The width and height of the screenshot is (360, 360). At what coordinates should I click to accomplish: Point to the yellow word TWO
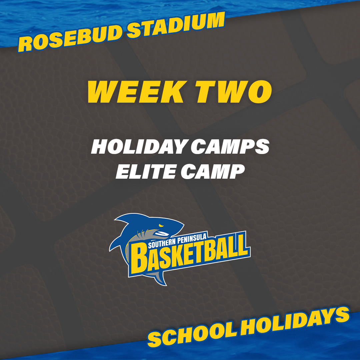coord(233,92)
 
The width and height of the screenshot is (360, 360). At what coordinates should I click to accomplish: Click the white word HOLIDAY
coord(139,146)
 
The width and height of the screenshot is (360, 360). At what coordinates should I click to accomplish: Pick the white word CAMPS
coord(230,146)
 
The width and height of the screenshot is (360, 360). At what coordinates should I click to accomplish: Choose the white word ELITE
coord(146,171)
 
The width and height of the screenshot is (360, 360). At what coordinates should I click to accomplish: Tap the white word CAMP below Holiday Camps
coord(213,171)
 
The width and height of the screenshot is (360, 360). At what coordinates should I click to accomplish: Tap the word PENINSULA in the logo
coord(192,239)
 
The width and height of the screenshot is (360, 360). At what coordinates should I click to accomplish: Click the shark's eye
coord(162,225)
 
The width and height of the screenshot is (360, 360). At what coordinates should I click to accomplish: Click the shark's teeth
coord(162,234)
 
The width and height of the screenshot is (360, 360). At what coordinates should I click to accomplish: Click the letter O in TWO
coord(259,92)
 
